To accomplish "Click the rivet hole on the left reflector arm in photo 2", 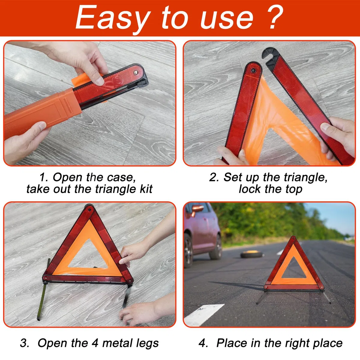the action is [253, 70].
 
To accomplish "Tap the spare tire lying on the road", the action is [252, 254].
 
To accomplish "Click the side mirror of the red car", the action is [198, 209].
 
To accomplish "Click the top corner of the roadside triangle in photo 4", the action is [293, 237].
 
